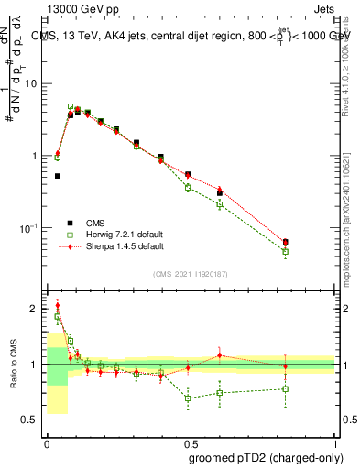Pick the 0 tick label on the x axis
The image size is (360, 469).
click(47, 442)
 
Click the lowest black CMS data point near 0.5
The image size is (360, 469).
click(58, 176)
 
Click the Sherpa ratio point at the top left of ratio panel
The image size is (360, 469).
click(58, 306)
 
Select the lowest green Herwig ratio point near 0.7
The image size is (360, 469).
click(188, 398)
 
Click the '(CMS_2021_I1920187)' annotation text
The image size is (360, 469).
click(191, 274)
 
